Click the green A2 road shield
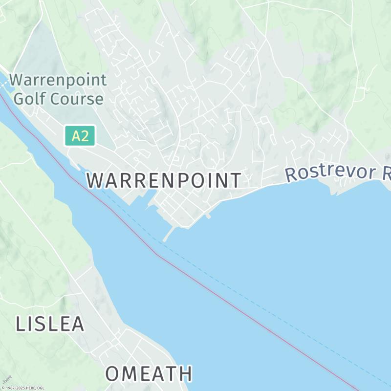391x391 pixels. pyautogui.click(x=79, y=135)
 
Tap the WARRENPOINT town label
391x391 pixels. pyautogui.click(x=164, y=180)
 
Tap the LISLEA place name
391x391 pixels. pyautogui.click(x=50, y=324)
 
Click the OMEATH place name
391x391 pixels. pyautogui.click(x=149, y=374)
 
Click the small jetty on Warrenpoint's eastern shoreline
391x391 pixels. pyautogui.click(x=209, y=215)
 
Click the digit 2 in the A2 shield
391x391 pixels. pyautogui.click(x=85, y=135)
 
